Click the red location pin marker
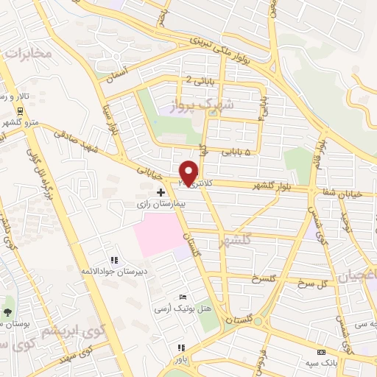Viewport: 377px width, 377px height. tap(189, 173)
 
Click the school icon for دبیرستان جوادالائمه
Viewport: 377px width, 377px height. tap(114, 260)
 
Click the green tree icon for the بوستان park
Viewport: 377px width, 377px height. tap(7, 312)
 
